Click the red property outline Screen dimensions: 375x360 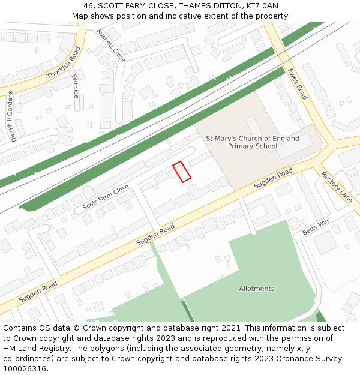pyautogui.click(x=182, y=172)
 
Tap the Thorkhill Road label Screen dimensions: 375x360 pyautogui.click(x=63, y=63)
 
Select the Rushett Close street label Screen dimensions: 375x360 pyautogui.click(x=111, y=46)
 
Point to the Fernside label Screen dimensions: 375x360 pyautogui.click(x=76, y=86)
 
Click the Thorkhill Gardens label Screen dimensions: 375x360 pyautogui.click(x=11, y=117)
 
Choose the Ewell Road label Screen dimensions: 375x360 pyautogui.click(x=297, y=84)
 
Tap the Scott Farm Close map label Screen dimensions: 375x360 pyautogui.click(x=106, y=197)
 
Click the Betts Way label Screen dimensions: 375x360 pyautogui.click(x=316, y=227)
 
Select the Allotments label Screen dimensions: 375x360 pyautogui.click(x=257, y=289)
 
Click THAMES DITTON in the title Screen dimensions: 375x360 pyautogui.click(x=199, y=5)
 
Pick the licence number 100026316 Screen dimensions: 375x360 pyautogui.click(x=25, y=369)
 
